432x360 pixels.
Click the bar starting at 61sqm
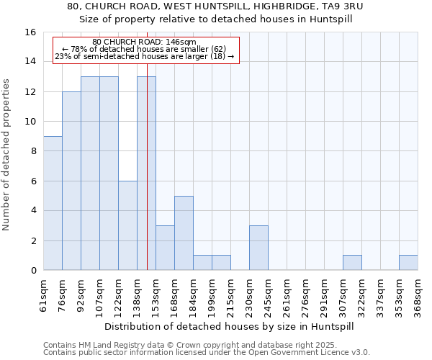[53, 203]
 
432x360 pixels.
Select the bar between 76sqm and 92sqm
[71, 181]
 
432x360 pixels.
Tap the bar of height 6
[127, 225]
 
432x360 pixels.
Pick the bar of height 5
[184, 233]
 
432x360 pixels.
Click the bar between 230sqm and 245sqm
[258, 248]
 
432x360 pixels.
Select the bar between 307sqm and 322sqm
[352, 263]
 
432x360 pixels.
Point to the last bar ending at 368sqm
[408, 263]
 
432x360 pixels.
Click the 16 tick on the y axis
[30, 32]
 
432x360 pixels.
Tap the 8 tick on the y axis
[33, 151]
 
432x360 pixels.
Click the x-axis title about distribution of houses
[230, 326]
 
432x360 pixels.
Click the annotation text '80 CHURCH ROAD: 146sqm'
[145, 42]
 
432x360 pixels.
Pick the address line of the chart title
[216, 6]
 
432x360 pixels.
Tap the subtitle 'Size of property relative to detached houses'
[216, 19]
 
